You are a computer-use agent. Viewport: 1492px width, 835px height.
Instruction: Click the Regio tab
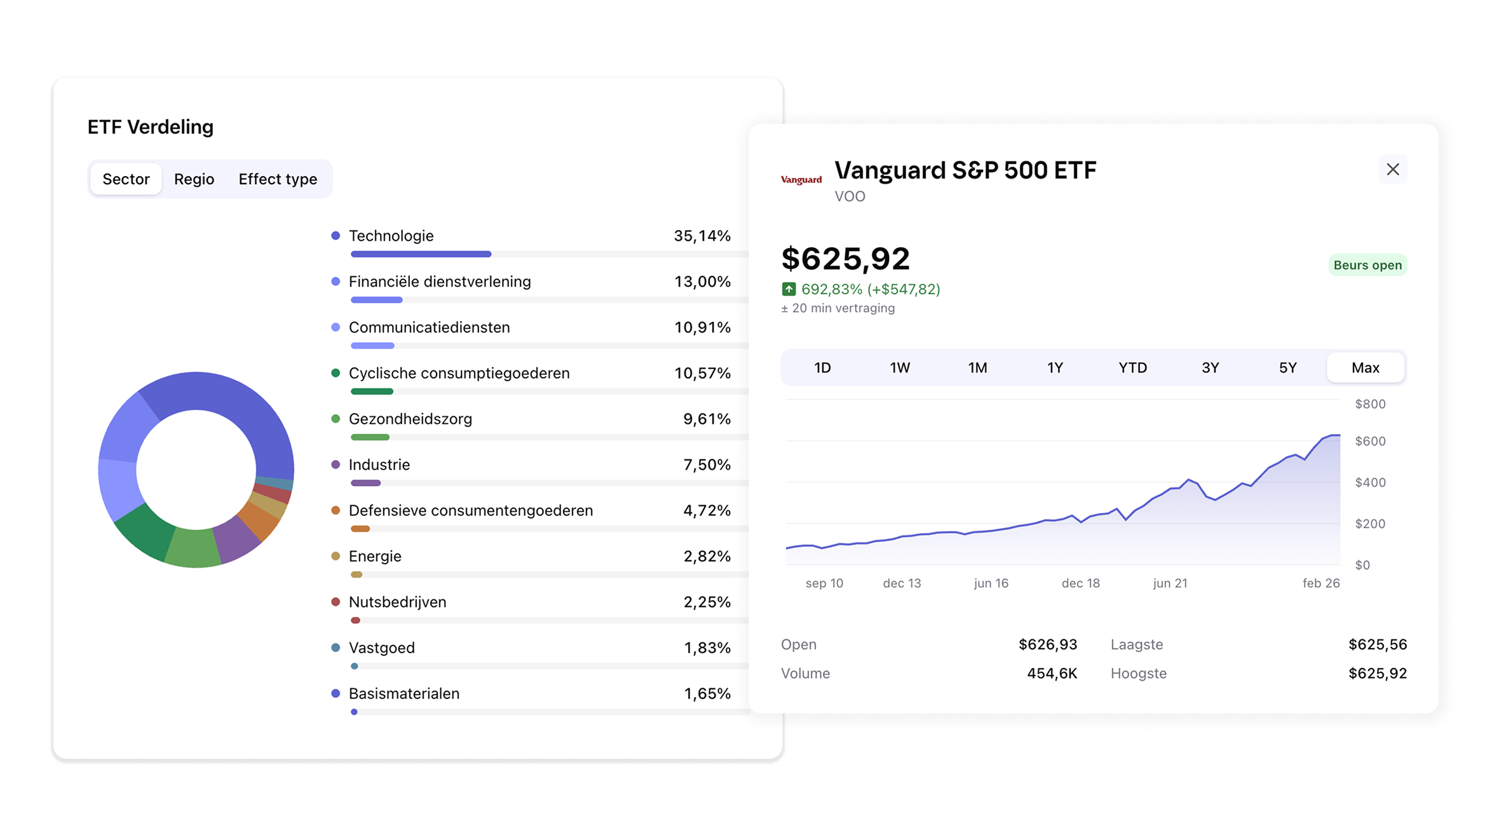point(194,179)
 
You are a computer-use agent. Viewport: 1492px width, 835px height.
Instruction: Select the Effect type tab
point(278,179)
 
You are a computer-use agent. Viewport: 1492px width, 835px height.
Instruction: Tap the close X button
point(1392,170)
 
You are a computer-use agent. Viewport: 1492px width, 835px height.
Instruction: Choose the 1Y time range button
point(1055,368)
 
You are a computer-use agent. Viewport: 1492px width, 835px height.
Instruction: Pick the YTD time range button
point(1132,368)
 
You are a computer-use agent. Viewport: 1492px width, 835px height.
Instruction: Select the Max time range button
point(1365,368)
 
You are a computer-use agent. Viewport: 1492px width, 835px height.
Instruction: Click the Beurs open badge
point(1367,266)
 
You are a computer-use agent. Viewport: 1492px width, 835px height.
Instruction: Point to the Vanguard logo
point(801,180)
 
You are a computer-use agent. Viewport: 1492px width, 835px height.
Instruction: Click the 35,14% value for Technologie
point(702,236)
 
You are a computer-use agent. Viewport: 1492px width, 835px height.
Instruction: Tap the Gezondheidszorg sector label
point(410,419)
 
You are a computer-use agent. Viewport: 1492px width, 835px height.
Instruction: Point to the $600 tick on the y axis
point(1369,442)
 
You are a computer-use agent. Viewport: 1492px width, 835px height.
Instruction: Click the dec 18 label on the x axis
point(1080,583)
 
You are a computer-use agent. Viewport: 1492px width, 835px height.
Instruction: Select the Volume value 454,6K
point(1052,674)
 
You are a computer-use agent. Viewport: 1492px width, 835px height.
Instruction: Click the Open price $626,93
point(1047,645)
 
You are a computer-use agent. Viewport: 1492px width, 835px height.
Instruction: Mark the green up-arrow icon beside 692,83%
point(789,290)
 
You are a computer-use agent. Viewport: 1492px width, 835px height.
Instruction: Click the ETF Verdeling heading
point(151,127)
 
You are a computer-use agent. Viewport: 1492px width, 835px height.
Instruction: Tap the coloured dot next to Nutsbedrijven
point(336,602)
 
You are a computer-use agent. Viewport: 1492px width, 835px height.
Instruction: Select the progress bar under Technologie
point(421,254)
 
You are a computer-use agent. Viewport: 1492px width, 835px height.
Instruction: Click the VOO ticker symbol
point(850,197)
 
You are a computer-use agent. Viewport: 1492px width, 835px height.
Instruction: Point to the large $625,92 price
point(845,259)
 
